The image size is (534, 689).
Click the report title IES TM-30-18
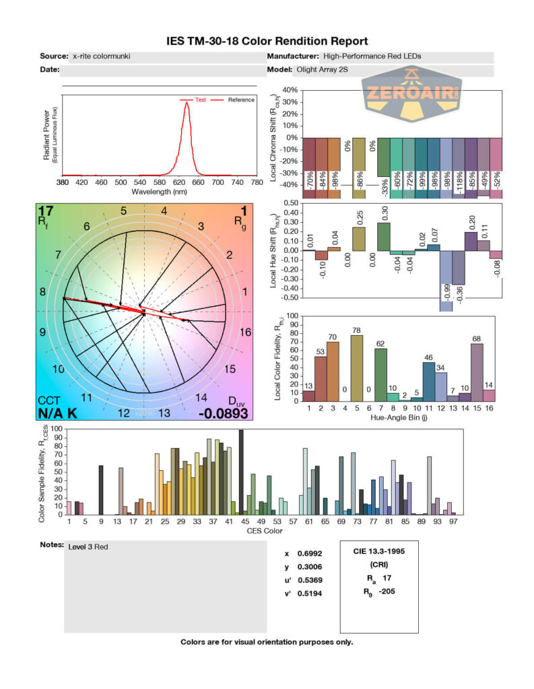pyautogui.click(x=267, y=41)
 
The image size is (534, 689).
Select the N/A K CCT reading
pyautogui.click(x=58, y=413)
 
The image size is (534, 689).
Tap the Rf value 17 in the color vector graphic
pyautogui.click(x=46, y=211)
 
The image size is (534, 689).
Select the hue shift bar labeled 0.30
pyautogui.click(x=384, y=237)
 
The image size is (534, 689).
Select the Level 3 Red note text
pyautogui.click(x=88, y=547)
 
